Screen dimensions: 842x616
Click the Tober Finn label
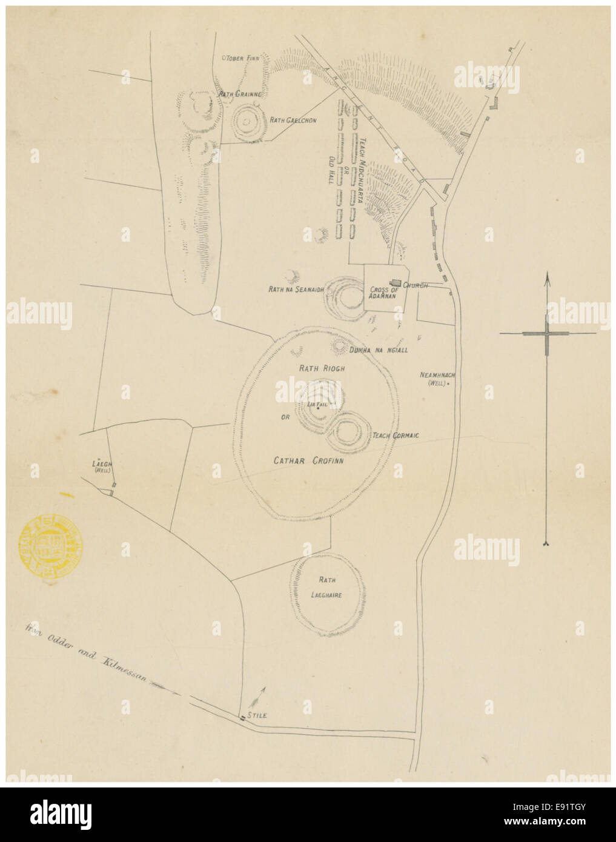[242, 59]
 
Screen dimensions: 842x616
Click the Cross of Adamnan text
[383, 293]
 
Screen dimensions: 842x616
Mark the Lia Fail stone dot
[318, 408]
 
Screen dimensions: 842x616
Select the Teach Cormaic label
[396, 436]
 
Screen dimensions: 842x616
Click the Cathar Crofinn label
[308, 461]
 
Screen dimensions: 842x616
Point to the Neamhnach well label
[437, 379]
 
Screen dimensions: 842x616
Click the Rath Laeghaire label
[326, 587]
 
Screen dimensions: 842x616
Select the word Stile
[257, 715]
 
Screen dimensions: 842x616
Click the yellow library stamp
[50, 543]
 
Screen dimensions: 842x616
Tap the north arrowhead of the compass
[547, 279]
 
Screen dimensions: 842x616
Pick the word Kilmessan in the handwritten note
[125, 668]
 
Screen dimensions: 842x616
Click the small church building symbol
[396, 283]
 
